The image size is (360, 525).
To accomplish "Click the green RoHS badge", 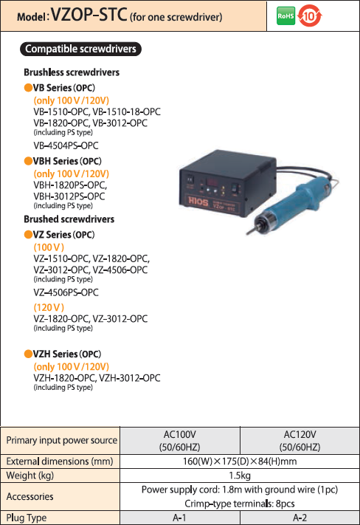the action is (285, 16).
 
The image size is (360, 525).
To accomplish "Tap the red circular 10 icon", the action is (310, 16).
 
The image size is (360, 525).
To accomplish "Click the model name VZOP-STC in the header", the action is (89, 15).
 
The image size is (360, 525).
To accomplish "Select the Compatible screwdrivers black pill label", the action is (80, 49).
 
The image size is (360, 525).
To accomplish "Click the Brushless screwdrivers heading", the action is (72, 72).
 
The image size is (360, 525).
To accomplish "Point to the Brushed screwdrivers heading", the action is (69, 219).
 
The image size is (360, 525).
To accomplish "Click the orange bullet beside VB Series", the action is (28, 88).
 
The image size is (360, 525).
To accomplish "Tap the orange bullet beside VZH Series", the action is (28, 354).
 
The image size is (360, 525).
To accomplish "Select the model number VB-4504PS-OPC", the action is (66, 145).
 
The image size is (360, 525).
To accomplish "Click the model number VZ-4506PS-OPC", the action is (66, 292).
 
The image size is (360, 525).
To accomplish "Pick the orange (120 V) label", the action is (49, 307).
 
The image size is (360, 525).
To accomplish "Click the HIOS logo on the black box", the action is (198, 202).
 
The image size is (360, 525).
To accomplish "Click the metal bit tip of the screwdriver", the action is (250, 231).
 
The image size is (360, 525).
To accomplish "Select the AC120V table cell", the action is (300, 441).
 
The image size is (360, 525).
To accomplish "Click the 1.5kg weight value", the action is (240, 476).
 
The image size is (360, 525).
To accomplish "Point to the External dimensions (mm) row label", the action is (60, 461).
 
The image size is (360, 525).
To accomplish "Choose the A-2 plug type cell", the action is (300, 518).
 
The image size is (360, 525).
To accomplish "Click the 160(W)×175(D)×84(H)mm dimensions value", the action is (240, 461).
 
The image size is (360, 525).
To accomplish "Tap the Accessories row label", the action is (30, 496).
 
